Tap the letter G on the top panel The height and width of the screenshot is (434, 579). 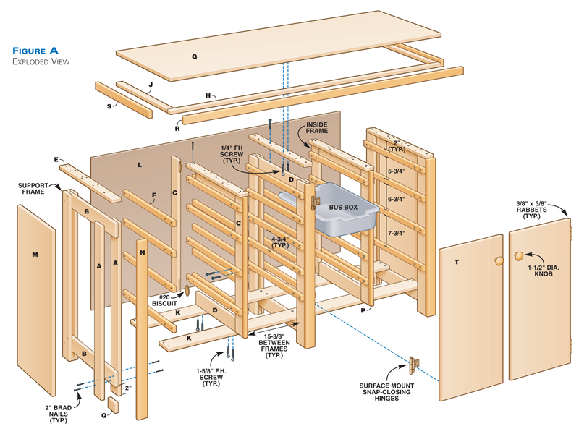click(194, 56)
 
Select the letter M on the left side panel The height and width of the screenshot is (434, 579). click(35, 255)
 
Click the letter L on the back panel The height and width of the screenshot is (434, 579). click(139, 166)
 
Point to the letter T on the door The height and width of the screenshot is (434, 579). click(457, 262)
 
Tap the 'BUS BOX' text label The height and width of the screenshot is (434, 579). click(343, 208)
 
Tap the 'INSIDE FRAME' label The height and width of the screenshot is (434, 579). click(317, 129)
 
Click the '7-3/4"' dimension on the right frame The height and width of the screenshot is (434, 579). click(397, 233)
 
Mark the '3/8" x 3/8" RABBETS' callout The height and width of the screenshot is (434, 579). click(537, 210)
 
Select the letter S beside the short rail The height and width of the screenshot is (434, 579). click(109, 106)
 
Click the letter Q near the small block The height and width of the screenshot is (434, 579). click(104, 415)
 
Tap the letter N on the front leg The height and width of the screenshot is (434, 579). click(143, 252)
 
